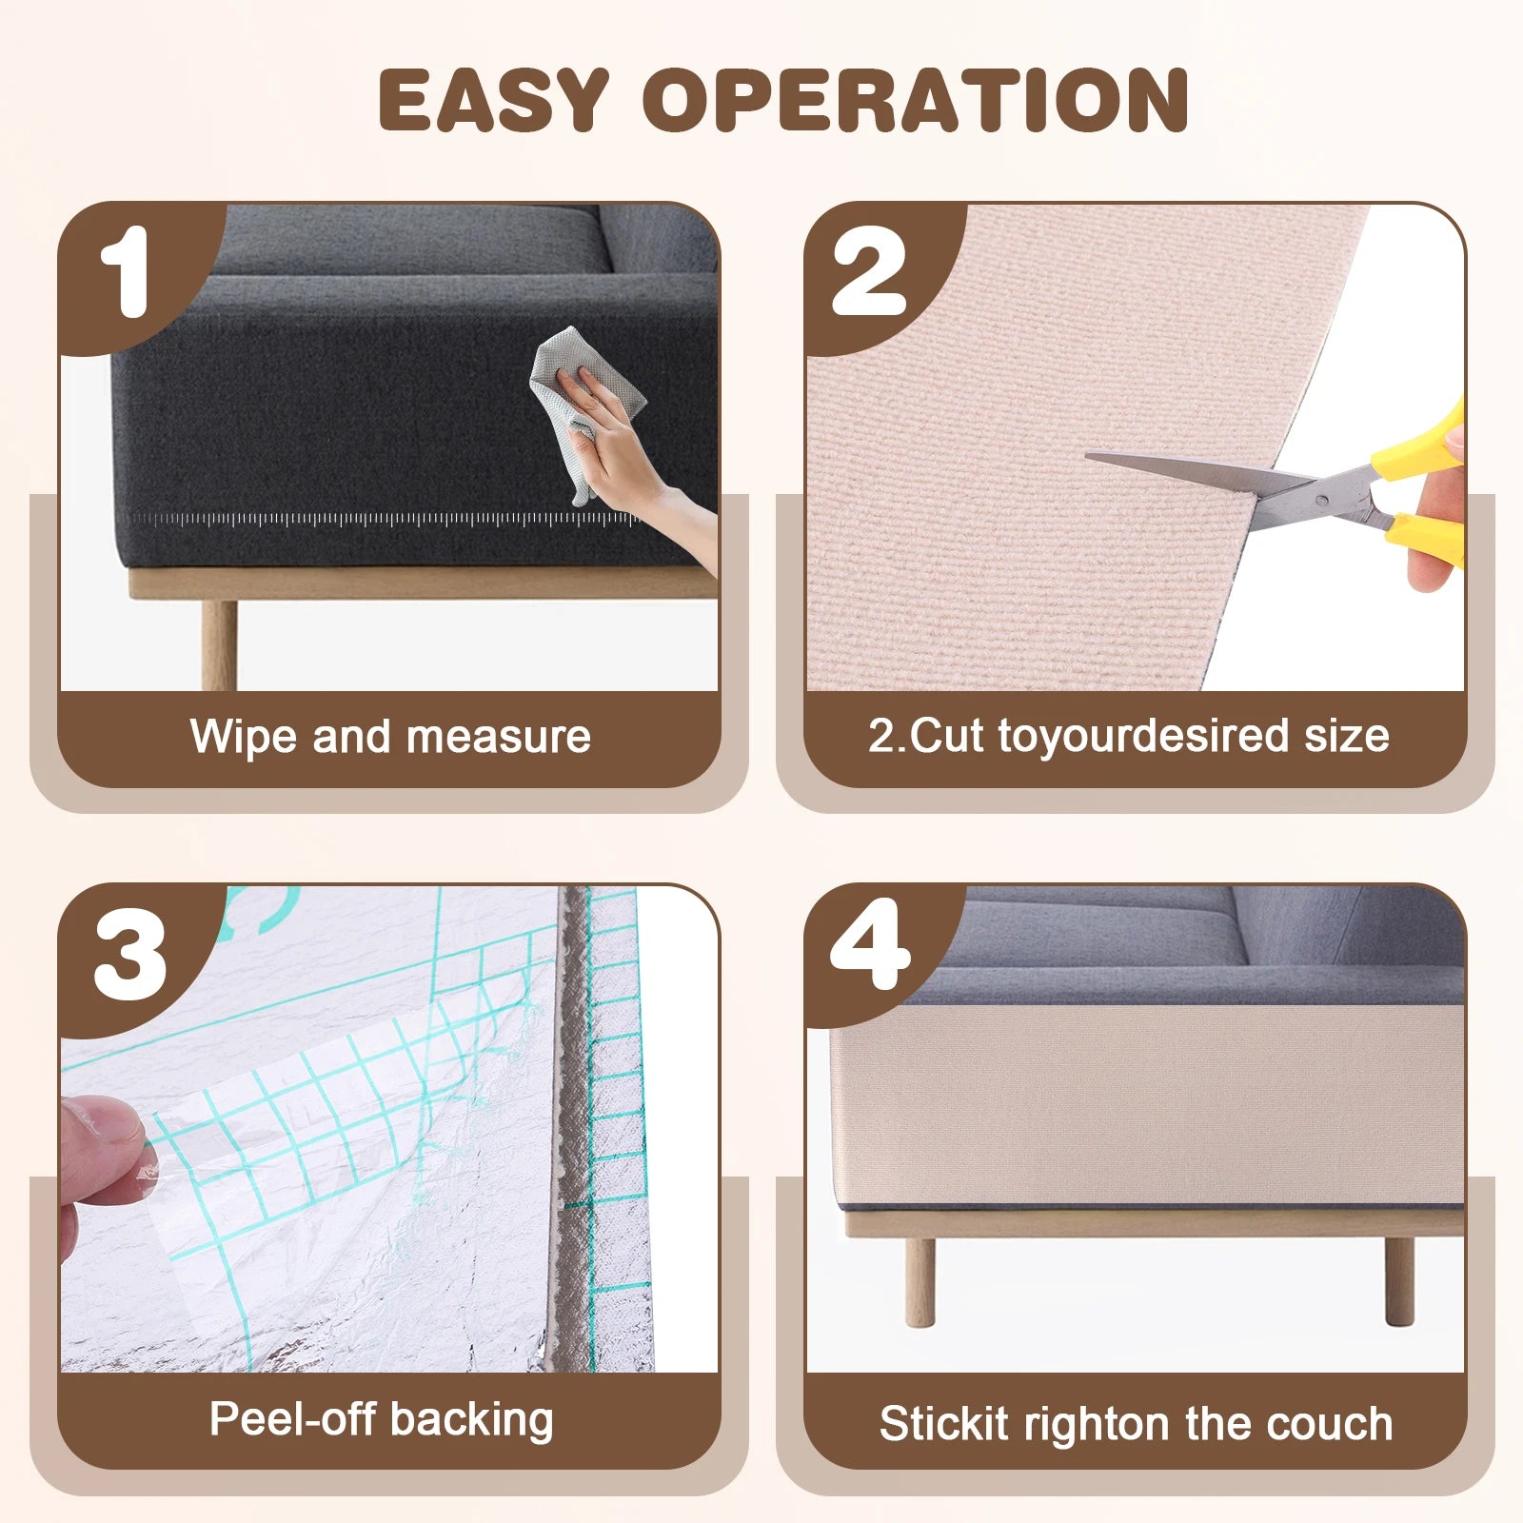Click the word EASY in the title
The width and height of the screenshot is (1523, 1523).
[x=493, y=100]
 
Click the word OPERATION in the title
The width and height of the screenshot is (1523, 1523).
[x=916, y=100]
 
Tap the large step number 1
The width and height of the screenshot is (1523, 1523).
[x=125, y=271]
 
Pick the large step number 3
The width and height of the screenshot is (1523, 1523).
[x=130, y=954]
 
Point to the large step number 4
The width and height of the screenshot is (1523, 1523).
[x=870, y=946]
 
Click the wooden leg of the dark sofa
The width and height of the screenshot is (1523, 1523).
[x=219, y=643]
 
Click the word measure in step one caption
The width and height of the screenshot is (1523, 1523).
[x=498, y=737]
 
